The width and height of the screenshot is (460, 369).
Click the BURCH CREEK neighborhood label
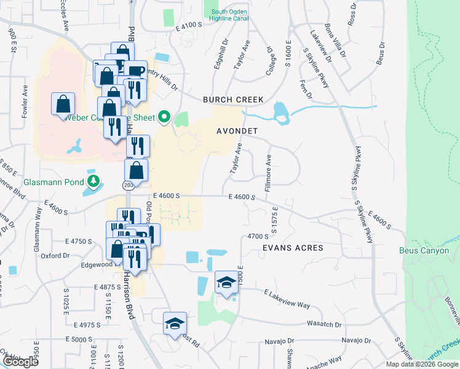click(233, 100)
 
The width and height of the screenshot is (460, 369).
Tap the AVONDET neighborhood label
click(237, 132)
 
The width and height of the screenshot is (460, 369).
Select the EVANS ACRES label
click(292, 248)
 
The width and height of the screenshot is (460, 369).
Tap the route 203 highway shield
click(127, 184)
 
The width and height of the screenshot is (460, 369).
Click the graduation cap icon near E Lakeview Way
click(226, 283)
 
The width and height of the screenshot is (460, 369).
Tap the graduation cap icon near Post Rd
click(174, 323)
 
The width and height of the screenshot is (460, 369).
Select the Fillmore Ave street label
click(268, 172)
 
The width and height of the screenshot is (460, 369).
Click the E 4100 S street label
click(189, 25)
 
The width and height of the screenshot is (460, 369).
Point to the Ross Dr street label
click(352, 12)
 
